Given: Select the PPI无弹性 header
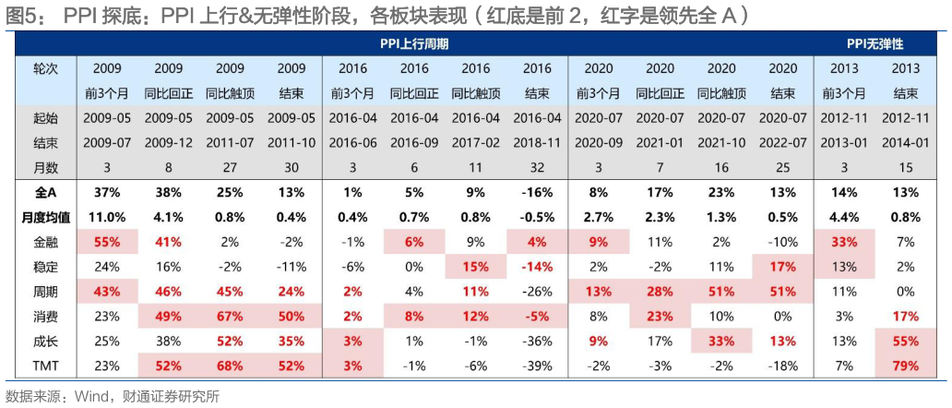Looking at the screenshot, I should pyautogui.click(x=875, y=43).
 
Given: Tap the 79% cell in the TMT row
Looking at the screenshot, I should pyautogui.click(x=906, y=365).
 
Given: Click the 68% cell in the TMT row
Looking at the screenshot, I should pyautogui.click(x=230, y=365).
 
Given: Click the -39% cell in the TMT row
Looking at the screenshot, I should pyautogui.click(x=537, y=365).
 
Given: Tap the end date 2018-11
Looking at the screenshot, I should pyautogui.click(x=537, y=142).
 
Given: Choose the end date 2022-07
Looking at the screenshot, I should pyautogui.click(x=782, y=142).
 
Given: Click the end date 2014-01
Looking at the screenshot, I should pyautogui.click(x=906, y=142).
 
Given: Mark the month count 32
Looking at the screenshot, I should pyautogui.click(x=537, y=166).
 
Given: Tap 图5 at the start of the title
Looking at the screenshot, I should pyautogui.click(x=19, y=16).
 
